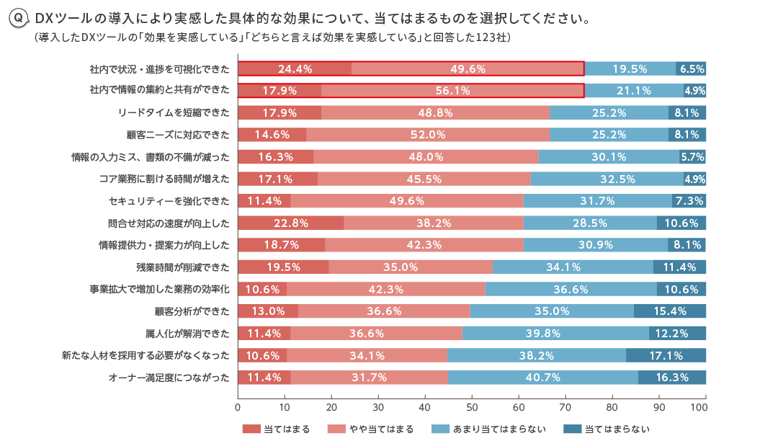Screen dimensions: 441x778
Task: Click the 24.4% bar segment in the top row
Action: [295, 69]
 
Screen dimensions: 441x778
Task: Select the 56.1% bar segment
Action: [452, 91]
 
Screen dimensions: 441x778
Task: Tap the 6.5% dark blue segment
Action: [691, 69]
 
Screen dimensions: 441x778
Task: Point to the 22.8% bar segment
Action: [291, 223]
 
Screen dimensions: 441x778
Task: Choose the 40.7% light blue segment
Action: [542, 378]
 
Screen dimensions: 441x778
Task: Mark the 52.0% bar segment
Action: [428, 135]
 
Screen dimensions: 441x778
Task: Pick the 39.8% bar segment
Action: [555, 334]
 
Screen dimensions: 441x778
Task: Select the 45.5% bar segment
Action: [424, 179]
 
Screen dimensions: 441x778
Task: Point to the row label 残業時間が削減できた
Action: [183, 267]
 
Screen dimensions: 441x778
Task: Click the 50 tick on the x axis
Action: [472, 407]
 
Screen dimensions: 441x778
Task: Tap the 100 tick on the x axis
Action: [699, 407]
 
